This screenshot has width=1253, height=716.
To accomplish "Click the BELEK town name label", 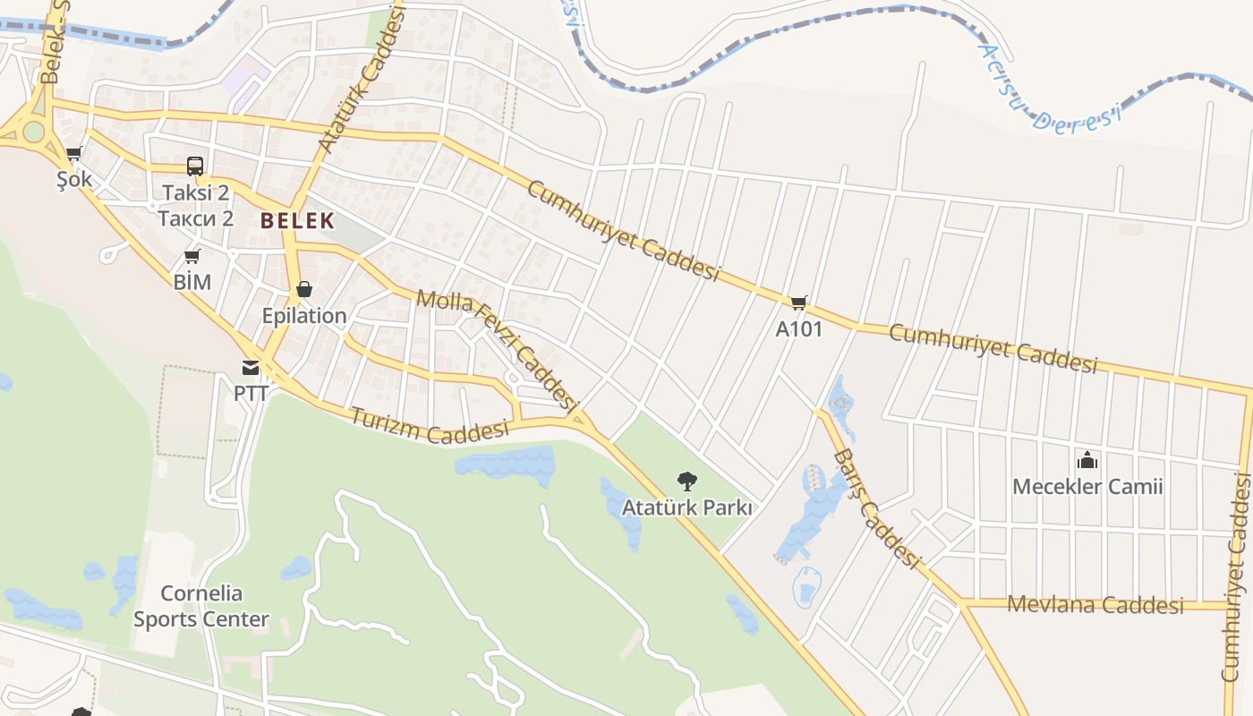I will click(297, 220).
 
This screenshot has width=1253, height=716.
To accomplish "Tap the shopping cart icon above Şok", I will click(73, 154).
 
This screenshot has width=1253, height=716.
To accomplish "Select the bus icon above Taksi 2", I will click(194, 166).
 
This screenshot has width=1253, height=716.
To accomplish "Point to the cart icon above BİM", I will click(192, 257).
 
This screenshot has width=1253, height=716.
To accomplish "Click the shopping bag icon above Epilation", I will click(304, 289).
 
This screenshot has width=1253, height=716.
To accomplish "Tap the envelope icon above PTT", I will click(251, 367).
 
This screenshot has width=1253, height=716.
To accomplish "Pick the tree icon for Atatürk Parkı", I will click(686, 482).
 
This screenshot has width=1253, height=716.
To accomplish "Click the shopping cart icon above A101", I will click(798, 303).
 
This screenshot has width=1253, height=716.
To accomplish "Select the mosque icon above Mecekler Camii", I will click(1087, 460).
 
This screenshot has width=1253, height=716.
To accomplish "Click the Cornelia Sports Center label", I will click(201, 606).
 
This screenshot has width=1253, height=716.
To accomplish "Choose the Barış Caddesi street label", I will click(876, 507).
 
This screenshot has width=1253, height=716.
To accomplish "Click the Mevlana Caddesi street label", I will click(1095, 604).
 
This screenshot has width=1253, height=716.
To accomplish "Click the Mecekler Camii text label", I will click(1087, 487).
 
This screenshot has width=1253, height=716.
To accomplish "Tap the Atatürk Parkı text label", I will click(686, 507).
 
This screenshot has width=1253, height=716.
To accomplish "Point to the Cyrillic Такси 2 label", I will click(195, 217).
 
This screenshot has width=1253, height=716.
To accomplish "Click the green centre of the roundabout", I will click(33, 132).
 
